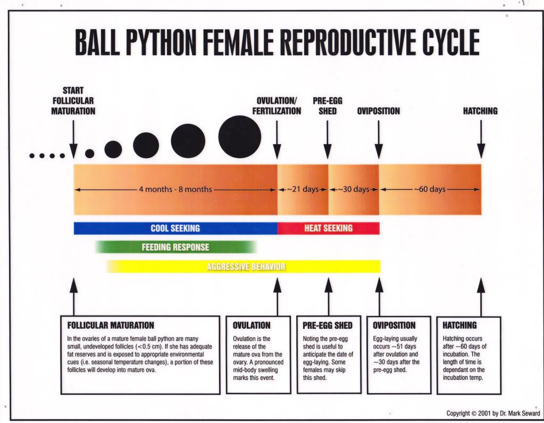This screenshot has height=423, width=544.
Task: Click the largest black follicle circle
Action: pyautogui.click(x=240, y=137)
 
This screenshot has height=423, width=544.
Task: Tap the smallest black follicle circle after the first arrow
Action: pyautogui.click(x=89, y=153)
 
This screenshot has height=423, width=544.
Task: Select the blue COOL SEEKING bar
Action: pyautogui.click(x=175, y=228)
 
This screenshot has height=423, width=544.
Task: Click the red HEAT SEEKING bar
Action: pyautogui.click(x=329, y=228)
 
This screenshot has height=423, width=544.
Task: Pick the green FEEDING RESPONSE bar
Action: pyautogui.click(x=176, y=247)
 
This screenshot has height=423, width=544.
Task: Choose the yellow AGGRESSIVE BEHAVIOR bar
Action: pyautogui.click(x=244, y=267)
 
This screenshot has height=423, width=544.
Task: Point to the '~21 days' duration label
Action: pyautogui.click(x=303, y=189)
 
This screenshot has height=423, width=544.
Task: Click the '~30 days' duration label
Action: pyautogui.click(x=354, y=189)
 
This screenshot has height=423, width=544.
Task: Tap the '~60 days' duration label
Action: pyautogui.click(x=430, y=189)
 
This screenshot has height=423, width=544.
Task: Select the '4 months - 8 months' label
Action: pyautogui.click(x=175, y=189)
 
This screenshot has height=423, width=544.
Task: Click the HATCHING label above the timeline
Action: pyautogui.click(x=480, y=111)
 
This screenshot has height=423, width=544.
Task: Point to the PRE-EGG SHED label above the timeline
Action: pyautogui.click(x=328, y=106)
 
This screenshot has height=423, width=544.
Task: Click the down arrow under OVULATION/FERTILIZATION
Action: pyautogui.click(x=277, y=139)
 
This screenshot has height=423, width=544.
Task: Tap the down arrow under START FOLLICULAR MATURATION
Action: pyautogui.click(x=73, y=139)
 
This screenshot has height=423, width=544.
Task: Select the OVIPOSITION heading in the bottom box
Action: pyautogui.click(x=394, y=326)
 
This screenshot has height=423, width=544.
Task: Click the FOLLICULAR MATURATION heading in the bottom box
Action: pyautogui.click(x=111, y=326)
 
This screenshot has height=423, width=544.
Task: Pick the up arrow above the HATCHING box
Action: pyautogui.click(x=481, y=297)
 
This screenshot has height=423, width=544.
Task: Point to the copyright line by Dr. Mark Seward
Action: pyautogui.click(x=493, y=413)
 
